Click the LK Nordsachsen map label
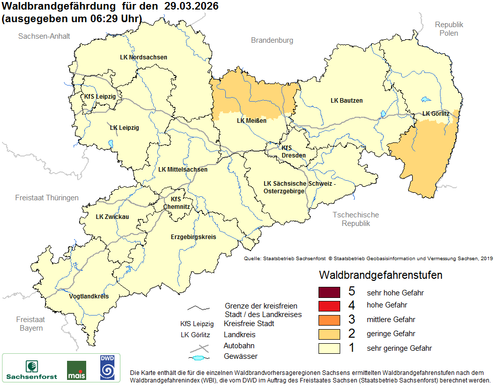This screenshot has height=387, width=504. [144, 57]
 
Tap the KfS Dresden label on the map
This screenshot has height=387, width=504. [294, 151]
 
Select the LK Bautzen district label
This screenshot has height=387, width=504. [346, 101]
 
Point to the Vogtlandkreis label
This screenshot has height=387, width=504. [89, 296]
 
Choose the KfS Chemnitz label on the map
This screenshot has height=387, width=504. [176, 203]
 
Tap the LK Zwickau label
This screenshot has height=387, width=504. [112, 217]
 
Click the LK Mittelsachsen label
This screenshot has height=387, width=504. [182, 170]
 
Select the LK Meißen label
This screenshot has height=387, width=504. [251, 121]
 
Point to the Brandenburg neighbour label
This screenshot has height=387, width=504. [272, 40]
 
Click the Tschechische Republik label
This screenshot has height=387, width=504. [355, 219]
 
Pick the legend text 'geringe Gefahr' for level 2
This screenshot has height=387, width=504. [391, 334]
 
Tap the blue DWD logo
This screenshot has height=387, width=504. [107, 367]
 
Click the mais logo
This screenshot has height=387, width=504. [76, 370]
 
